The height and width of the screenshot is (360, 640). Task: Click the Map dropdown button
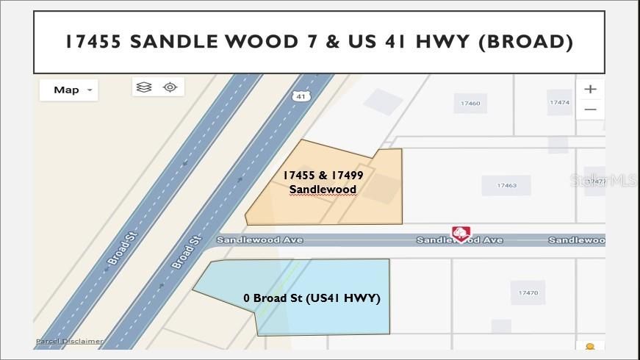point(68,90)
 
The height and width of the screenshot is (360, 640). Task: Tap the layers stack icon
point(144,87)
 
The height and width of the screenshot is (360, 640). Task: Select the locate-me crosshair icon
point(170,87)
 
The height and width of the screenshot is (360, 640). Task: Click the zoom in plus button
point(590,89)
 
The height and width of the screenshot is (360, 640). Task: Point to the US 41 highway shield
point(299,96)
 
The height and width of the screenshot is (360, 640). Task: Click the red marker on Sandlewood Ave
point(461,234)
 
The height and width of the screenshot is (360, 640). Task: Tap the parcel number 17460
point(470,104)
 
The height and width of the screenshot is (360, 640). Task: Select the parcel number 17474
point(559,103)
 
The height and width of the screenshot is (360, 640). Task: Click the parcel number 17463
point(506,185)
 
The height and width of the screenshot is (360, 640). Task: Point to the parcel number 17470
point(528,293)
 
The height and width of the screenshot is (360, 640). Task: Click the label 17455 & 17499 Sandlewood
point(323,182)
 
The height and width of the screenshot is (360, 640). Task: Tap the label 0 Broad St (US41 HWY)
point(312,298)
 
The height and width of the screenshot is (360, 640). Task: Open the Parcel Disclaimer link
point(70,341)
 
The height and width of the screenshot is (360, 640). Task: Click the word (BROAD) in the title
point(525,41)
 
